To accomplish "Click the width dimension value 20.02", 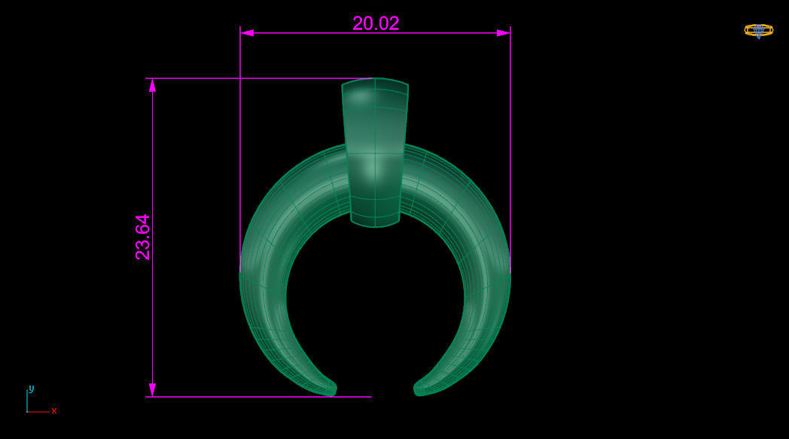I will (x=376, y=23).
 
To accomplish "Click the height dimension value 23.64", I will (x=142, y=238).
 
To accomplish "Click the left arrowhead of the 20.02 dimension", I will (x=247, y=33).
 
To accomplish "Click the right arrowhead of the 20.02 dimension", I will (x=503, y=33).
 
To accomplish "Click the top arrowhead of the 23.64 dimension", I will (x=152, y=85).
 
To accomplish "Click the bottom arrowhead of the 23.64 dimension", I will (x=152, y=389).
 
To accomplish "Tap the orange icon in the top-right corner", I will (x=758, y=30).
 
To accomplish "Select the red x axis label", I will (x=54, y=410).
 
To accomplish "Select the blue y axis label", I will (x=31, y=389).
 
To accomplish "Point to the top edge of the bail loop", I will (x=375, y=79).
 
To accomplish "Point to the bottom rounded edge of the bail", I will (x=375, y=226).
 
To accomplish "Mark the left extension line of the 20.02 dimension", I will (x=240, y=150).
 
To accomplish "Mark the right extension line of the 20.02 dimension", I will (x=510, y=150).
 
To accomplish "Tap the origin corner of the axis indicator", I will (x=27, y=412).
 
